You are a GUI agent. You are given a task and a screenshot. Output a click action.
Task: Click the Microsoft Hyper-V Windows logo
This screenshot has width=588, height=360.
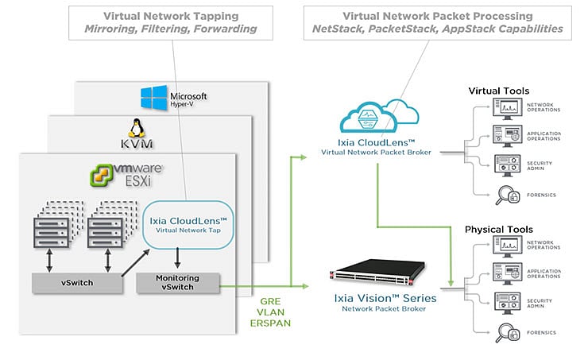[x=153, y=99]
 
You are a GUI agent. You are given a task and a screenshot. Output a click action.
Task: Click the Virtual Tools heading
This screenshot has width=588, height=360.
[x=498, y=91]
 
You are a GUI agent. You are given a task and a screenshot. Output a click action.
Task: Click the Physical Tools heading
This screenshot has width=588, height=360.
[x=498, y=230]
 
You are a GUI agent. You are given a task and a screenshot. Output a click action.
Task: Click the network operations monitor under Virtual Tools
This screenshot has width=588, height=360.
[x=505, y=108]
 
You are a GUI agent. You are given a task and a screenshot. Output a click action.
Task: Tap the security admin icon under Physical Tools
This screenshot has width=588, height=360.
[x=505, y=301]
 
